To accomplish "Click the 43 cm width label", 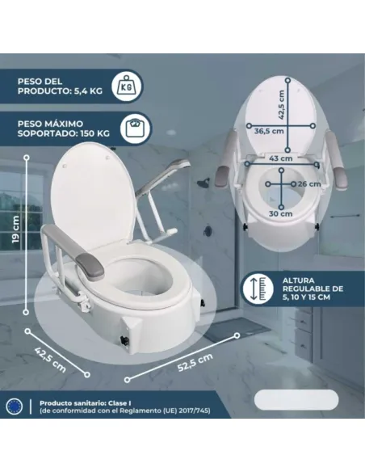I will click(x=282, y=159).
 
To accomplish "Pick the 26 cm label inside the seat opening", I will click(x=308, y=183).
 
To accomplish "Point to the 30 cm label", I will click(x=281, y=214).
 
